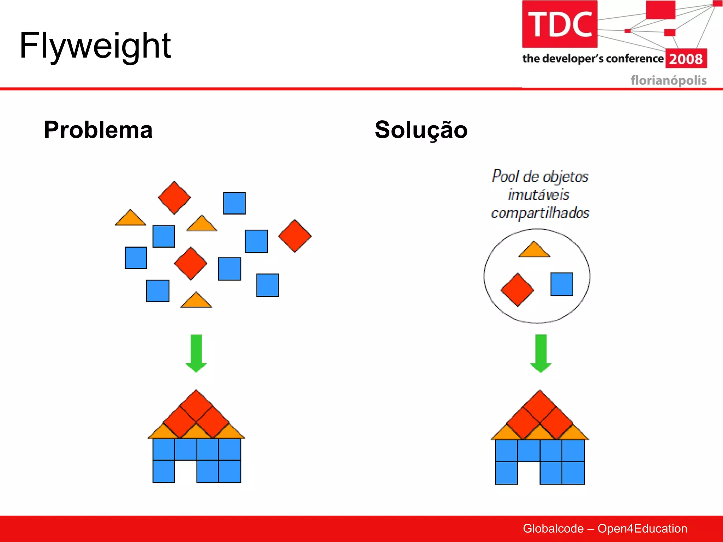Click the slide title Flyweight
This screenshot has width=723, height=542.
click(x=95, y=46)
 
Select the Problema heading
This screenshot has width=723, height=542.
click(x=98, y=130)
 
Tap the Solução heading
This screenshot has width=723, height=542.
click(x=421, y=130)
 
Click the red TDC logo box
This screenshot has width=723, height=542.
click(x=560, y=24)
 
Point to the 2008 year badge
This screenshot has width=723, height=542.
click(x=686, y=59)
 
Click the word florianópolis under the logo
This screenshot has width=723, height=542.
click(x=668, y=80)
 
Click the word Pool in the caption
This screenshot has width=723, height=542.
click(x=506, y=176)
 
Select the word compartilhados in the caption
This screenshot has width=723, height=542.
click(x=540, y=213)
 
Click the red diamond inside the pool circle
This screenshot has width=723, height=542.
click(x=517, y=290)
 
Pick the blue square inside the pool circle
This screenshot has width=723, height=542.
click(x=562, y=284)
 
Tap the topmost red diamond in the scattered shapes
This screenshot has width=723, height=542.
click(x=174, y=198)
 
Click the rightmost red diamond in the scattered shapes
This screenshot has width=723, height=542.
click(x=295, y=236)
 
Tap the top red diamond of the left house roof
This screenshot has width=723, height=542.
click(x=196, y=405)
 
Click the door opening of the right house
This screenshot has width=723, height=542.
click(x=528, y=473)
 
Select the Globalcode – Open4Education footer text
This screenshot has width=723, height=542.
click(x=605, y=529)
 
